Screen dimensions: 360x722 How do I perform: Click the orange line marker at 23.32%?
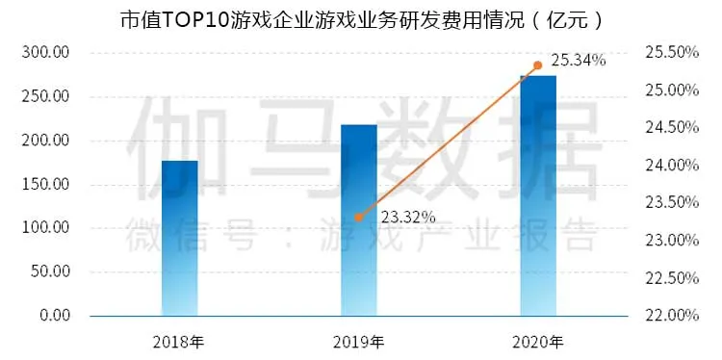coord(359,218)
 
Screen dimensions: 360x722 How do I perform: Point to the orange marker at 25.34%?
coord(538,65)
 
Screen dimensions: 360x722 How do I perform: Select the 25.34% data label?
coord(580,61)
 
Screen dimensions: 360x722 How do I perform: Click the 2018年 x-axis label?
coord(180,342)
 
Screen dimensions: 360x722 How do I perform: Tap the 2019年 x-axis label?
coord(359,342)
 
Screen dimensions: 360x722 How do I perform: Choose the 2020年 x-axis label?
coord(538,342)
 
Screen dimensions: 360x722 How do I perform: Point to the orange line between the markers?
coord(449,141)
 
